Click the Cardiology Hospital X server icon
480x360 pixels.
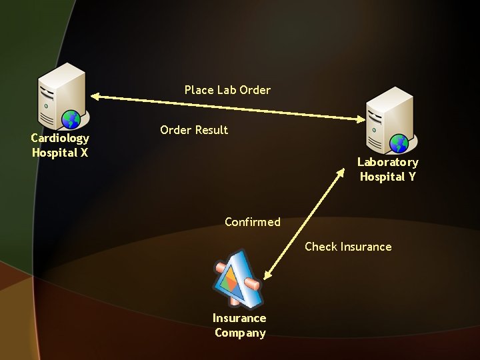pyautogui.click(x=61, y=96)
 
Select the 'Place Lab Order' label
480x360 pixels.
pyautogui.click(x=227, y=90)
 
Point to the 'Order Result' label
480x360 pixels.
pyautogui.click(x=194, y=130)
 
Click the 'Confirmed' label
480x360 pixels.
pyautogui.click(x=253, y=222)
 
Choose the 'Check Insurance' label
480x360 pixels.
pyautogui.click(x=348, y=247)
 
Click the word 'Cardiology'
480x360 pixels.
pyautogui.click(x=60, y=138)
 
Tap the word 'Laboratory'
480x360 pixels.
pyautogui.click(x=388, y=162)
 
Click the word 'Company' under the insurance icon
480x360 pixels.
pyautogui.click(x=240, y=333)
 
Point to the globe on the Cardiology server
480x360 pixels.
pyautogui.click(x=71, y=119)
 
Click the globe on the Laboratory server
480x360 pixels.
pyautogui.click(x=399, y=143)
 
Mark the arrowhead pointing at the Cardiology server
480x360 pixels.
pyautogui.click(x=94, y=97)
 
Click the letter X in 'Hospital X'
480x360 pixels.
pyautogui.click(x=84, y=153)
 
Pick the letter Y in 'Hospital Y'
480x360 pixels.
pyautogui.click(x=411, y=177)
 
